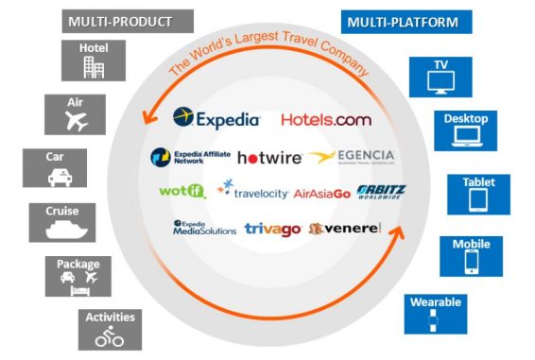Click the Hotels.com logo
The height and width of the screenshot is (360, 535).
(326, 120)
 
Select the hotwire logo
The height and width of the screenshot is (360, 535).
(268, 158)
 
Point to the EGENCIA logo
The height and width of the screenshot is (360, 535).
(353, 157)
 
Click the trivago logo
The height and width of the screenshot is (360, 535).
(272, 228)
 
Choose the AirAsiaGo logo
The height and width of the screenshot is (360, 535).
(322, 193)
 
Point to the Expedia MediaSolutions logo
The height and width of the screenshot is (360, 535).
(204, 228)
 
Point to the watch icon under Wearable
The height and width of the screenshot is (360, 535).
(435, 319)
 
